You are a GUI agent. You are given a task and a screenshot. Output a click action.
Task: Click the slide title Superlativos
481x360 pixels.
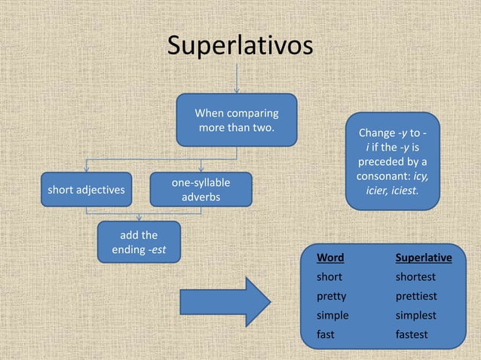coord(240,46)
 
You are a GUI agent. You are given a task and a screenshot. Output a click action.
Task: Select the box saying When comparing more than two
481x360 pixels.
coord(236,121)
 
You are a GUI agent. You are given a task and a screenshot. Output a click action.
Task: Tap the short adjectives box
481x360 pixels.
coord(86,190)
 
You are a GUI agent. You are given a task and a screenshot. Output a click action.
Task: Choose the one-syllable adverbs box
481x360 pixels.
coord(201,190)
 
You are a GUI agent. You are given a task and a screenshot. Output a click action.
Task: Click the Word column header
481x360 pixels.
coord(330,258)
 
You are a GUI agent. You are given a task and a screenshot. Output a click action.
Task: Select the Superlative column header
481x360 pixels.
coord(424,258)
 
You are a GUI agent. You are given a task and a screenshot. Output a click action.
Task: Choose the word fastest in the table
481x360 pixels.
coord(412,334)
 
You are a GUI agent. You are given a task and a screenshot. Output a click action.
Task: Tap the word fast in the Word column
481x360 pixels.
coord(325,334)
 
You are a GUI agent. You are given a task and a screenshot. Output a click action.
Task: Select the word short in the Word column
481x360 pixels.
coord(329,277)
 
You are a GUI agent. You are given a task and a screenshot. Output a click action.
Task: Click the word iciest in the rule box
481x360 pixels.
coord(404,191)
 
